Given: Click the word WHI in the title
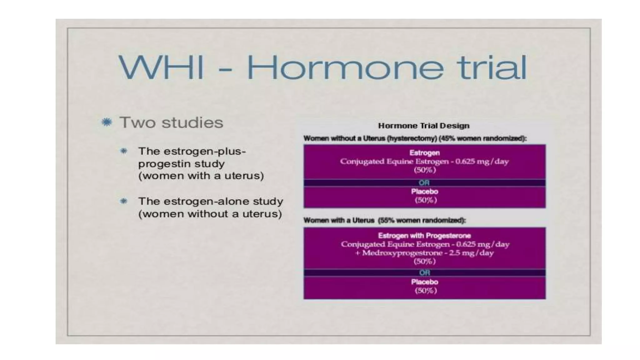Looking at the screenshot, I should pos(161,67).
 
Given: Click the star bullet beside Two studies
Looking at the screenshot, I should pos(107,122).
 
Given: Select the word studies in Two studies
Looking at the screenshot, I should pos(192,122).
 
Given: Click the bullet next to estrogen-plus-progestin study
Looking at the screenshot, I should pos(124,151).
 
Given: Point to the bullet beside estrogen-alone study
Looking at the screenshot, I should pos(124,201).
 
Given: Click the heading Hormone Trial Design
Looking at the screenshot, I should pos(424,126).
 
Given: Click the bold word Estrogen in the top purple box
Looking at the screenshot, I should pos(424,153).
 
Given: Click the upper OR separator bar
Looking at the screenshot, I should pos(424,183).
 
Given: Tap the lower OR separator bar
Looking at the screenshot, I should pos(424,273).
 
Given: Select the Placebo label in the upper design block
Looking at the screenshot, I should pos(424,192).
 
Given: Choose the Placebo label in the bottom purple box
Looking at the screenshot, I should pos(424,282).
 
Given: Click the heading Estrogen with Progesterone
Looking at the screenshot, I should pos(424,236).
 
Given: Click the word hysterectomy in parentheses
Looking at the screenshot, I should pos(412,138).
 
